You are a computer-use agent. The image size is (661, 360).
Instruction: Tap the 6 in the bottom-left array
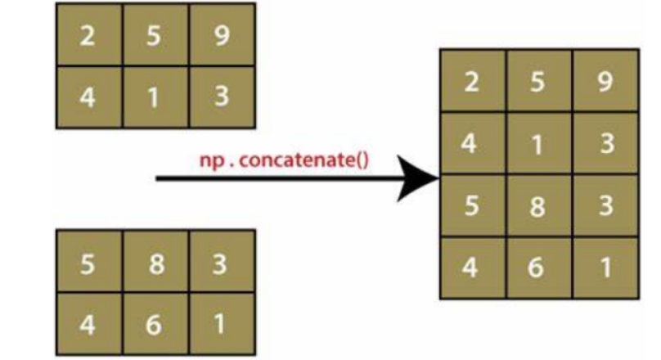tap(155, 324)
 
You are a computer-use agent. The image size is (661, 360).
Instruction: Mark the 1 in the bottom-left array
tap(222, 324)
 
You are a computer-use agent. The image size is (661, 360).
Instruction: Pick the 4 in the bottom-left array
tap(89, 324)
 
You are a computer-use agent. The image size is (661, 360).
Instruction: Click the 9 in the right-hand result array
tap(605, 83)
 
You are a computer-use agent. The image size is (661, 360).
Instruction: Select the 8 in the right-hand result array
tap(537, 206)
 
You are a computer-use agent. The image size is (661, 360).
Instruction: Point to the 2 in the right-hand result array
tap(471, 83)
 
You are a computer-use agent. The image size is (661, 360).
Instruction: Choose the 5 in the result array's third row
tap(471, 206)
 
